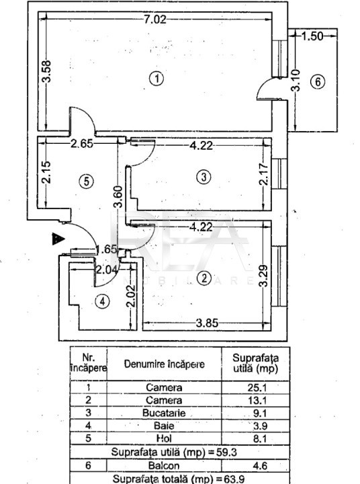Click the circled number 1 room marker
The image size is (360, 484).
pos(157,79)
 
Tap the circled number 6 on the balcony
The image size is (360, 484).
pos(318,82)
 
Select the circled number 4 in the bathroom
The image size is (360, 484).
pos(102,301)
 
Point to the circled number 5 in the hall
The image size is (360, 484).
pos(87,182)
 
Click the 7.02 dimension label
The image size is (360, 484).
pos(155,19)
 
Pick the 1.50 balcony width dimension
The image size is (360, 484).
pos(312,36)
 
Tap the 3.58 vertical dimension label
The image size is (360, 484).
pos(46,71)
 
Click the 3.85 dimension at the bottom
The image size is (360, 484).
pos(207,323)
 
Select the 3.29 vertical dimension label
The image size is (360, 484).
pos(264,276)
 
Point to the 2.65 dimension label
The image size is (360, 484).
pos(82,144)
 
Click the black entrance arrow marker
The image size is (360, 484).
pos(58,239)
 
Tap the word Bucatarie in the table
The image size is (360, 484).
pos(164,413)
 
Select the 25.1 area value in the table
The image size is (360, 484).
pos(257,387)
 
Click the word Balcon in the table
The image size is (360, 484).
pos(164,465)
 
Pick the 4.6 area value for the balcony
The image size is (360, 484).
pos(260,465)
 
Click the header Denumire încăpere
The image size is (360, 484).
pos(164,364)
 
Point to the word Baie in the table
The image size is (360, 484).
pos(164,426)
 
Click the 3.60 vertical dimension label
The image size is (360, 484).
pos(118,196)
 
